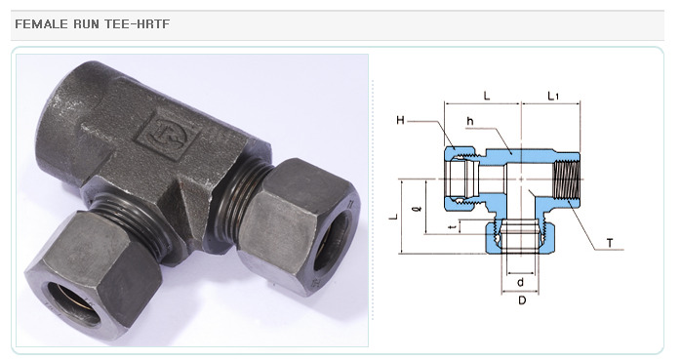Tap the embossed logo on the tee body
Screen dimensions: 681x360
pos(168,135)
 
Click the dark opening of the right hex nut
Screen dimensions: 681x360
pos(332,242)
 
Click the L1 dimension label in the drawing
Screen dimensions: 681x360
pos(553,96)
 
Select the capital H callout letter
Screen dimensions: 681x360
pos(400,120)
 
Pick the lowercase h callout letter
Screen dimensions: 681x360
pos(470,121)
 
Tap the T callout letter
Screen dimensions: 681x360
pos(610,243)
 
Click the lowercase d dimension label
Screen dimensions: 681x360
pos(520,283)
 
